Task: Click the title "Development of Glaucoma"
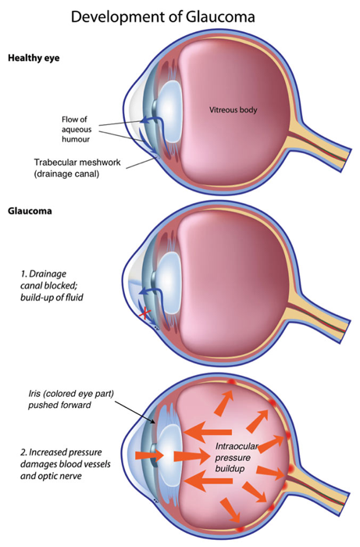[x=162, y=16]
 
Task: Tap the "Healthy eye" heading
[x=34, y=58]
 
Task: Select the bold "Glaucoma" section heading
[x=30, y=211]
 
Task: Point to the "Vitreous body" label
[x=233, y=110]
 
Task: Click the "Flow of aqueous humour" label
[x=77, y=130]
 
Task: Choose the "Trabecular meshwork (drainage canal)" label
[x=77, y=168]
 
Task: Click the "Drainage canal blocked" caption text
[x=52, y=285]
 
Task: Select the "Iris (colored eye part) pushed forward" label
[x=71, y=399]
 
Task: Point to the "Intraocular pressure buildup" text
[x=237, y=457]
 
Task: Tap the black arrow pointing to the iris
[x=135, y=413]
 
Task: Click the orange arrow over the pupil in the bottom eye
[x=149, y=456]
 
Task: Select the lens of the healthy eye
[x=169, y=111]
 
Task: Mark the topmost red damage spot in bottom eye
[x=230, y=381]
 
